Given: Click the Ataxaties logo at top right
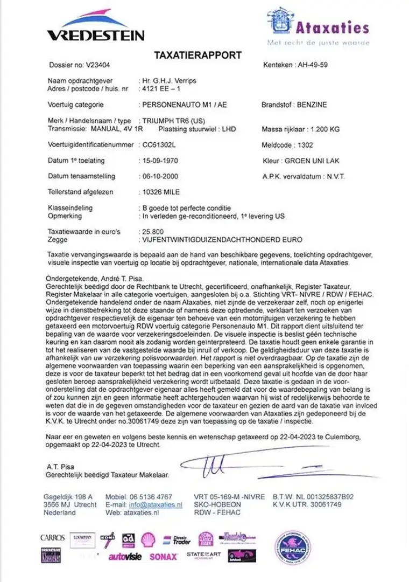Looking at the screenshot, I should (318, 27).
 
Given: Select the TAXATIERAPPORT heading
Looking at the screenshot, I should (198, 55).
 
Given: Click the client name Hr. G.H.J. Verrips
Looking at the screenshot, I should (168, 80).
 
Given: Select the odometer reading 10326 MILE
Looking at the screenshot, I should (161, 192).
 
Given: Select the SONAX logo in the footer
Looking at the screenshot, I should (163, 556).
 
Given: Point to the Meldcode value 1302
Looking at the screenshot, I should (305, 145).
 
